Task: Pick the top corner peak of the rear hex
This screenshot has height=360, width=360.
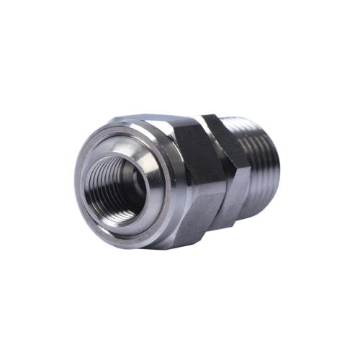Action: (209, 116)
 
